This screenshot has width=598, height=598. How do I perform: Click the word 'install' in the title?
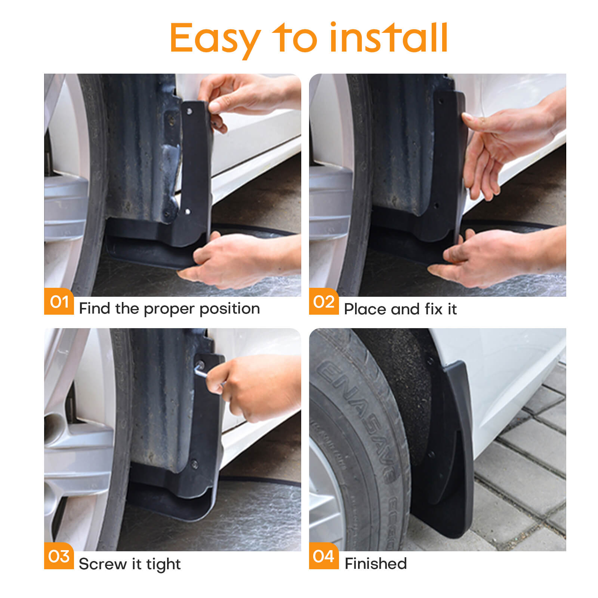(389, 38)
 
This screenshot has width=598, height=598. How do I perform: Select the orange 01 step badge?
(59, 301)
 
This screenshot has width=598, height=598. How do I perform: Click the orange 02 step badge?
(324, 301)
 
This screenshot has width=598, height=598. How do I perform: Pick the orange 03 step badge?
(59, 556)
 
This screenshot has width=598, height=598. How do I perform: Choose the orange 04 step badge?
(324, 556)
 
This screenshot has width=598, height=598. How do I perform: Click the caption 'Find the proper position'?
(169, 309)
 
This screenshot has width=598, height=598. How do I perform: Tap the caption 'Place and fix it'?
(400, 309)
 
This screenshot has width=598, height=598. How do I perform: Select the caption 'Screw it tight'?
(130, 564)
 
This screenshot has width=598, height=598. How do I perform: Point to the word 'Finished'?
(375, 564)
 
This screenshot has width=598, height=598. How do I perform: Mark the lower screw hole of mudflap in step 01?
(188, 212)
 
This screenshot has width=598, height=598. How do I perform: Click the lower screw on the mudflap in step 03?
(194, 464)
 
